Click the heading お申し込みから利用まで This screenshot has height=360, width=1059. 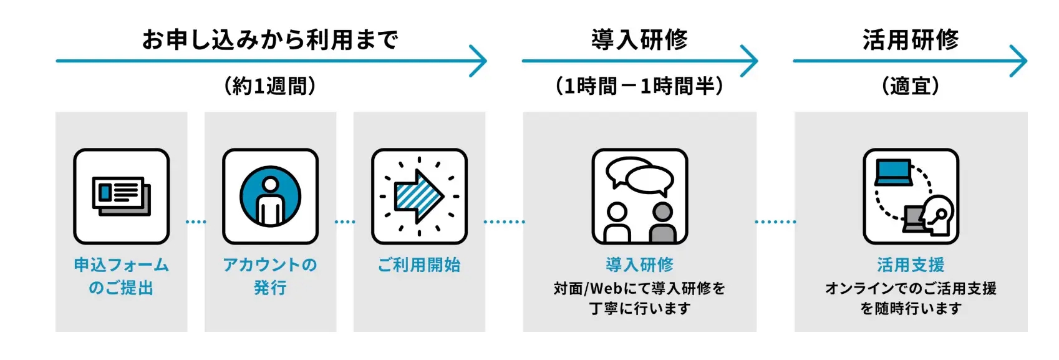269,40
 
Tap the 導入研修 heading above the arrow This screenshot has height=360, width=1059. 639,40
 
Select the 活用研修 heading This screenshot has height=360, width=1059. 910,40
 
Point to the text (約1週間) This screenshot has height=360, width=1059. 269,85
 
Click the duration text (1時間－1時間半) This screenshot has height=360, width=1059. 639,85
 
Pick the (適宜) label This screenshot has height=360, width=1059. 910,85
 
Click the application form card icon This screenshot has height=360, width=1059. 122,196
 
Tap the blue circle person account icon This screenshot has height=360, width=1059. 270,197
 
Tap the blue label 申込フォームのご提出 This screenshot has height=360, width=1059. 122,276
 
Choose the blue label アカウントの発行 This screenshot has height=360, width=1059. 270,276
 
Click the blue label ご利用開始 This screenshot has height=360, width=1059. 419,265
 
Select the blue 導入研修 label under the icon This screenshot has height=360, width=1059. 639,265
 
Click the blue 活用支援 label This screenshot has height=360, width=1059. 911,265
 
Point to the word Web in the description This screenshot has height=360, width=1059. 606,288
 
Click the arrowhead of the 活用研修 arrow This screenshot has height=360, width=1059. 1019,61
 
